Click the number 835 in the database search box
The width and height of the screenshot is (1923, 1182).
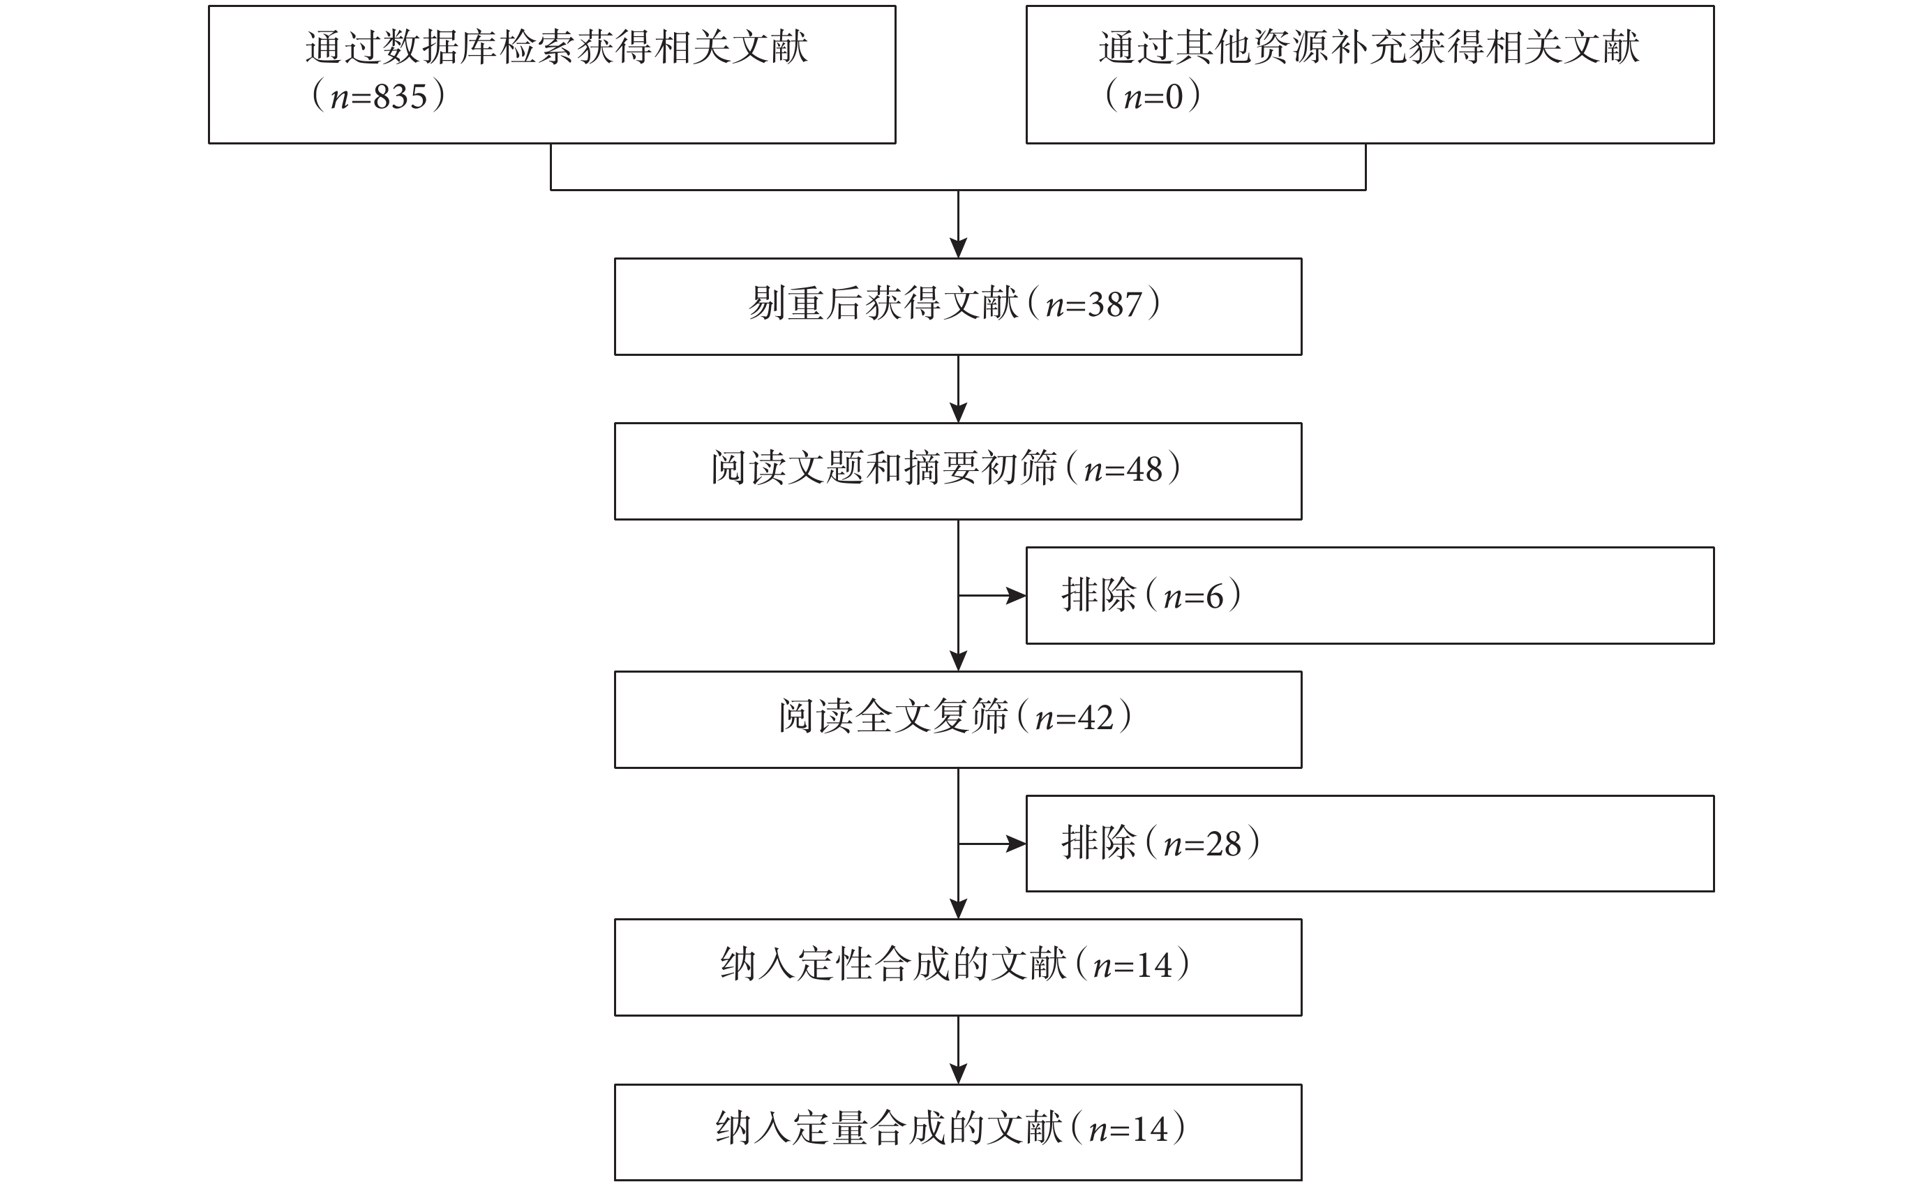coord(401,97)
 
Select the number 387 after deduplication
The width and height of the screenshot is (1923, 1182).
coord(1115,305)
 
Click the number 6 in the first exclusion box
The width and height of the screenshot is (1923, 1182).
coord(1214,597)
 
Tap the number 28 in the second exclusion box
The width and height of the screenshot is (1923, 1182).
coord(1223,844)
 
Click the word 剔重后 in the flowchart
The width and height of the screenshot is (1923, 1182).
coord(805,304)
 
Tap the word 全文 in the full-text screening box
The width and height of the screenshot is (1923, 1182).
coord(894,716)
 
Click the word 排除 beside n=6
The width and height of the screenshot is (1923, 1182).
coord(1098,595)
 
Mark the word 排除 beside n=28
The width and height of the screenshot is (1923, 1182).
coord(1098,843)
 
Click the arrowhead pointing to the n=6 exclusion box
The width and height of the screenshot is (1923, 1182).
coord(1016,596)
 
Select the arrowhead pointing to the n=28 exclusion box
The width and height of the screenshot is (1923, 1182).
coord(1016,844)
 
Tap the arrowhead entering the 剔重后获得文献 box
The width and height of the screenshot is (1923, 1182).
coord(959,248)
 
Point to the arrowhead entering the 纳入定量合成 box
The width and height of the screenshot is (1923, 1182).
coord(959,1074)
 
